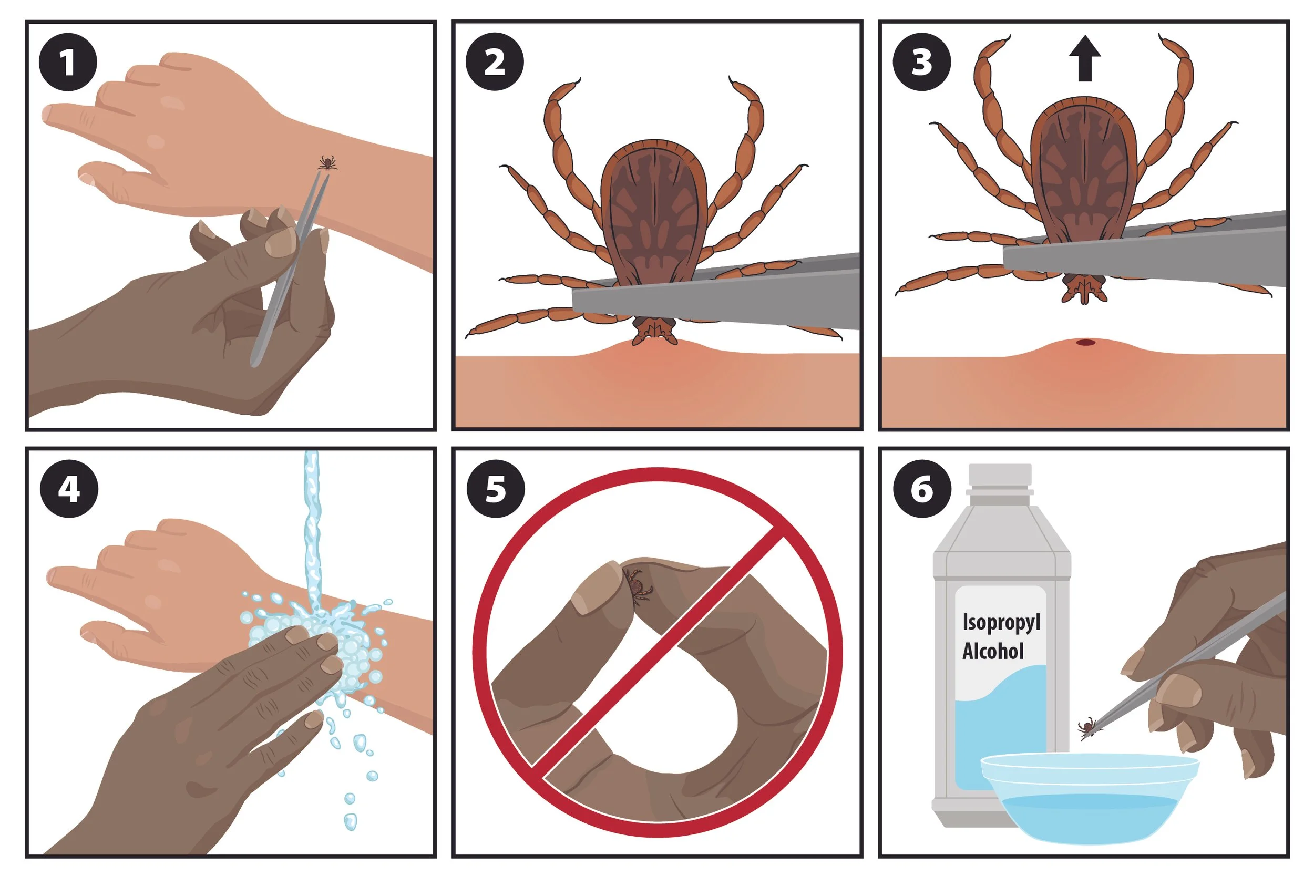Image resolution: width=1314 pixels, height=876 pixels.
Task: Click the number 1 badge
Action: click(x=68, y=62)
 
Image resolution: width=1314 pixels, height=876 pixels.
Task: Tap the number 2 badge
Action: click(x=495, y=62)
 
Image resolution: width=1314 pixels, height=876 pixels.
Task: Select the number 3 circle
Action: click(x=921, y=62)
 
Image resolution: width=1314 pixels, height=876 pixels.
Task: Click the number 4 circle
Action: click(x=69, y=489)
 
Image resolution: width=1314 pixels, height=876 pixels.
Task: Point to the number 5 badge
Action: click(x=496, y=489)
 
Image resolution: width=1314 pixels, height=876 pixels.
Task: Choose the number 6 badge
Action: click(x=922, y=489)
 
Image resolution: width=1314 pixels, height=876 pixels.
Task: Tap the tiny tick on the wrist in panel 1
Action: click(x=327, y=163)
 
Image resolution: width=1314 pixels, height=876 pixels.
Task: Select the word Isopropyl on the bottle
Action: click(x=1001, y=622)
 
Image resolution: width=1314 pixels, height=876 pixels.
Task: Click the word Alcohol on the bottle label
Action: click(x=993, y=651)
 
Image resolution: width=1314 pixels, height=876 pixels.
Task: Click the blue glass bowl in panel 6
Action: click(x=1090, y=799)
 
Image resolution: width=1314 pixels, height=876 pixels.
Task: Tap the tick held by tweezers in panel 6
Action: click(x=1087, y=727)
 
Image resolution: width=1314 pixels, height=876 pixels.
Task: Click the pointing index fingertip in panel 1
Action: click(x=50, y=114)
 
